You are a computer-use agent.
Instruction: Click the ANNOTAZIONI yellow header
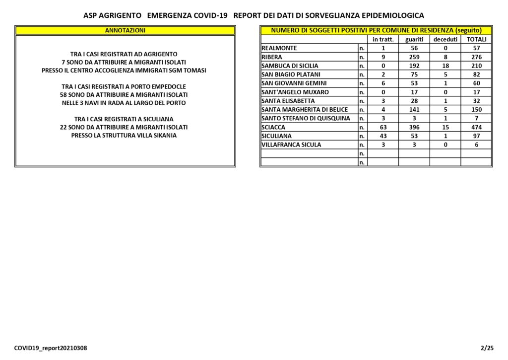[x=125, y=30]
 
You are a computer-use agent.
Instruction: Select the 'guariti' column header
[x=414, y=39]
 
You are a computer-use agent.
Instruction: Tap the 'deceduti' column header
[x=445, y=39]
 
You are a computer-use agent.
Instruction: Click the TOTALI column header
[x=476, y=39]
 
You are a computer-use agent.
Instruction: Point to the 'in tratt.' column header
[x=383, y=39]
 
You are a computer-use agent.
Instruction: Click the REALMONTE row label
[x=279, y=48]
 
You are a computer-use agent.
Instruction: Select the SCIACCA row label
[x=273, y=127]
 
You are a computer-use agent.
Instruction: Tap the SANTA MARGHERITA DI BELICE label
[x=305, y=110]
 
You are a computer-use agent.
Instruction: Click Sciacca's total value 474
[x=476, y=127]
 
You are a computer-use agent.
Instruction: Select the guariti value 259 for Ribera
[x=414, y=57]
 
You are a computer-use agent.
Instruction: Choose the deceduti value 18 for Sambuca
[x=445, y=66]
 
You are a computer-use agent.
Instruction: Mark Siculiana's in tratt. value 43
[x=383, y=136]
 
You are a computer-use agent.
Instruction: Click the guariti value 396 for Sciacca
[x=414, y=127]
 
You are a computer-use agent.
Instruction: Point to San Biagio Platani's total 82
[x=476, y=74]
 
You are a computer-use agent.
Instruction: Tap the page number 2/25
[x=487, y=348]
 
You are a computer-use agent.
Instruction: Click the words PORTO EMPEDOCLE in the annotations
[x=161, y=86]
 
